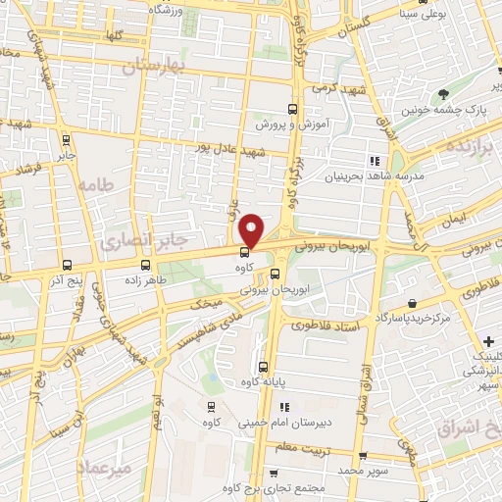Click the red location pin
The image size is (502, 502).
[x=252, y=229]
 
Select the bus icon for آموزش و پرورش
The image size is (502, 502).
[x=291, y=110]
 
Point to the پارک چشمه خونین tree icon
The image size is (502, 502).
[x=444, y=95]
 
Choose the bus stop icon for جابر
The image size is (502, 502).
[x=66, y=140]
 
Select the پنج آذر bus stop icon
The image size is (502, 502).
[x=67, y=265]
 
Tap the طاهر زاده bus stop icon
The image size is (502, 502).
[x=146, y=265]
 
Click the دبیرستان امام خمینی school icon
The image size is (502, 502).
[x=285, y=407]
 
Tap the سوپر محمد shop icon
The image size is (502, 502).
[x=363, y=456]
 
